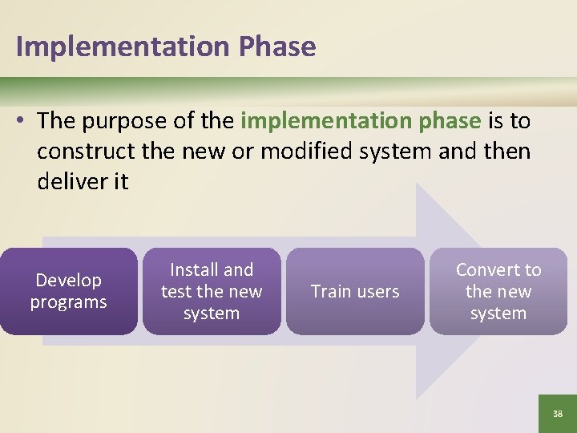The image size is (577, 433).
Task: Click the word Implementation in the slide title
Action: coord(123,47)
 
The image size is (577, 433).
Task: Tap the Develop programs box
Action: coord(68,291)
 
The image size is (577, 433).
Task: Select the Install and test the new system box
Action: coord(212,291)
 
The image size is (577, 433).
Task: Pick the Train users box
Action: coord(355,291)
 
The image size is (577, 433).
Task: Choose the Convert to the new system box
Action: coord(498,291)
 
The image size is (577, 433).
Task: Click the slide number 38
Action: coord(558,414)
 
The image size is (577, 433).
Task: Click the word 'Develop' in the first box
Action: coord(68,281)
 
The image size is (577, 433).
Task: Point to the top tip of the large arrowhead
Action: coord(418,184)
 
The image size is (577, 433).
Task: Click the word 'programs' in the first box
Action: coord(68,302)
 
